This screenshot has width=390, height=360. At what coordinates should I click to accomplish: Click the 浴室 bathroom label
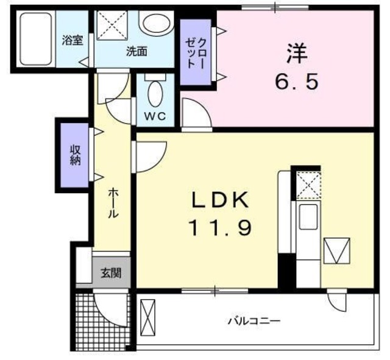click(72, 41)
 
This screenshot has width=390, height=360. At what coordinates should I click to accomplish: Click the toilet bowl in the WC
click(156, 94)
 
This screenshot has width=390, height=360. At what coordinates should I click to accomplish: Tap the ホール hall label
click(113, 203)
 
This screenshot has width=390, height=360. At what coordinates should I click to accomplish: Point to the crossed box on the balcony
click(148, 317)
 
